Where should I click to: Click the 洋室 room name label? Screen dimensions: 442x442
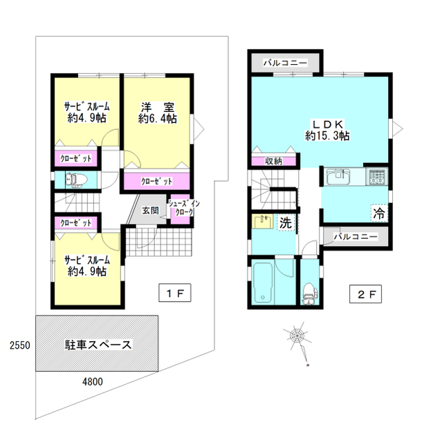(157, 107)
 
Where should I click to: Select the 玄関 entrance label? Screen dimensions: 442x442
(151, 210)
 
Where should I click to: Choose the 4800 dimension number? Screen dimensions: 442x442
(93, 381)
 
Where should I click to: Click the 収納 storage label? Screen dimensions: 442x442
(274, 161)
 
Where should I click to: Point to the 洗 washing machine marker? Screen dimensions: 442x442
(284, 222)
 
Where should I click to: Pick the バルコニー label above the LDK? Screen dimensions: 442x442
(285, 62)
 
